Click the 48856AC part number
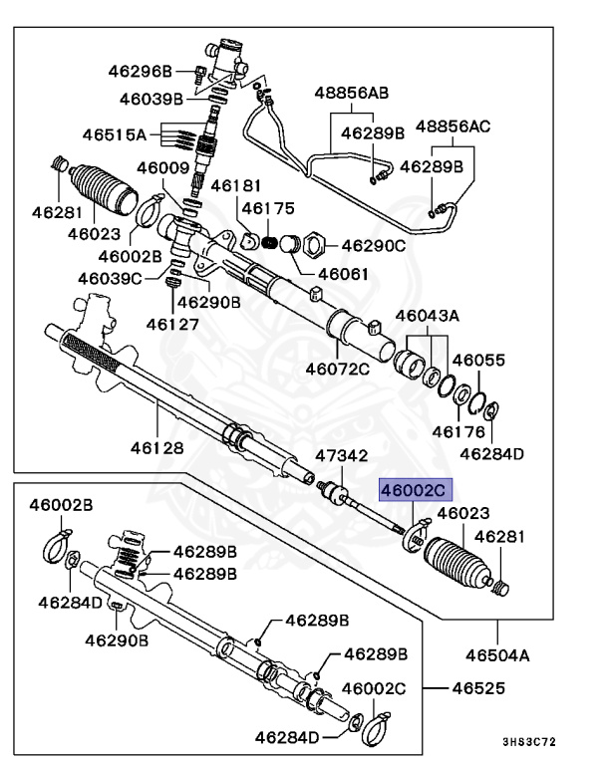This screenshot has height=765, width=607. coord(454,127)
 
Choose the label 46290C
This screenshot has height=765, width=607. coord(374,244)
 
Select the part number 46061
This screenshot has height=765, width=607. coord(344,274)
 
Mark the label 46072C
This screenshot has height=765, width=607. coord(337,369)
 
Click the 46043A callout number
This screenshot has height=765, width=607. coord(427,316)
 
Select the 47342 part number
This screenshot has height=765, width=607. coord(343,456)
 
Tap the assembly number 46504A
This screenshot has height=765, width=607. coord(496,655)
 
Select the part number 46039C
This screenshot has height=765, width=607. coord(110,278)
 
